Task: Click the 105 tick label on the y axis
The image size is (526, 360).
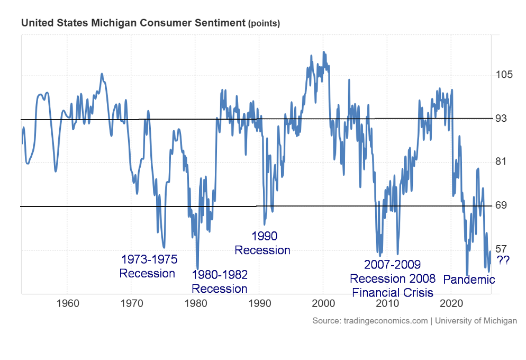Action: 506,74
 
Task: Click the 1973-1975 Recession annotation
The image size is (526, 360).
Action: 148,266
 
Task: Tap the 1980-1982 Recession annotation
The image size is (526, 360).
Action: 219,282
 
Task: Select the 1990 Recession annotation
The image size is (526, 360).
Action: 263,243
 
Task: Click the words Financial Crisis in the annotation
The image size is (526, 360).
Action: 392,292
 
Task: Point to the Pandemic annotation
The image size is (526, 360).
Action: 469,279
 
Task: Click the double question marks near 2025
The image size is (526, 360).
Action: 503,260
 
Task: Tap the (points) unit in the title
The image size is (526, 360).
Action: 264,24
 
